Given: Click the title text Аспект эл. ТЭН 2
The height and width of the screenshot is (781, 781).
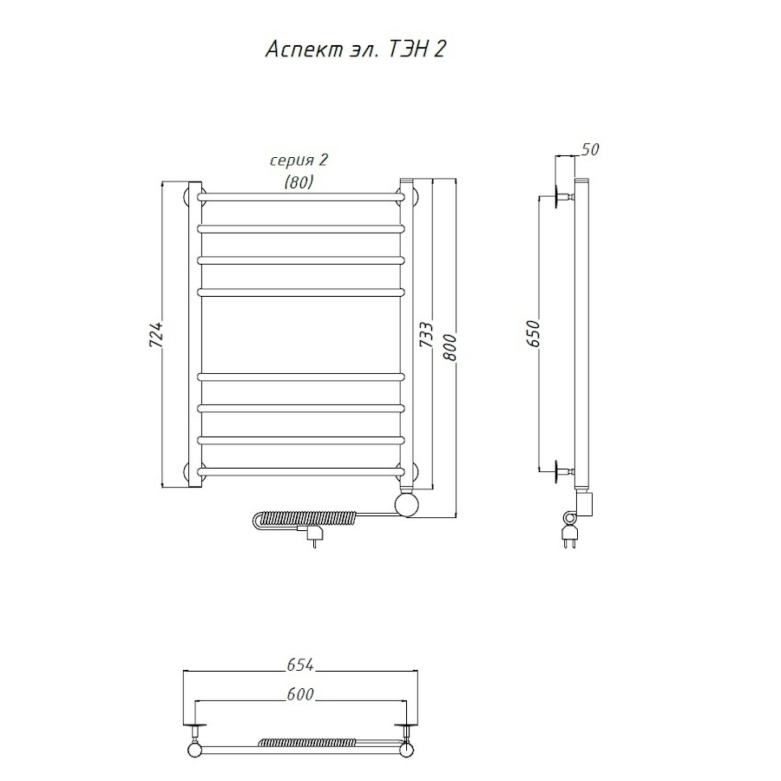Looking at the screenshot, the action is click(x=355, y=49).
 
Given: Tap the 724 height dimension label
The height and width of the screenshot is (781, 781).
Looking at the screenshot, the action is click(x=156, y=334).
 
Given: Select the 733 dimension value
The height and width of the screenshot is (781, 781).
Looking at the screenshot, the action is click(x=426, y=334).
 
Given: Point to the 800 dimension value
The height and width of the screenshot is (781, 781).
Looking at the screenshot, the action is click(x=450, y=347).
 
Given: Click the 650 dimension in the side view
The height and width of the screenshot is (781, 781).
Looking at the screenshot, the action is click(x=533, y=333).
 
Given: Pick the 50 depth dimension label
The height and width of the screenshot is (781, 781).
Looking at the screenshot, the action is click(x=590, y=149).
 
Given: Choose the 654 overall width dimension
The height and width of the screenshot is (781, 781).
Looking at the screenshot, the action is click(x=300, y=665).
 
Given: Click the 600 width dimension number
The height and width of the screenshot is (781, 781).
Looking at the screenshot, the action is click(x=300, y=694).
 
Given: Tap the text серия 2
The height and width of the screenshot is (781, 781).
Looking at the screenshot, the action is click(x=299, y=160).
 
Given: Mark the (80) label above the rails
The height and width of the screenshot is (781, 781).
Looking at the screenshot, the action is click(x=299, y=182).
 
